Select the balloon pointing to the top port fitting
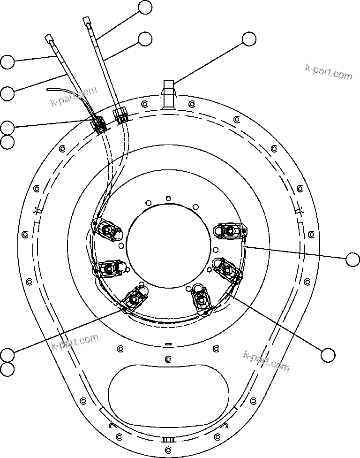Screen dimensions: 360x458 pos(249,40)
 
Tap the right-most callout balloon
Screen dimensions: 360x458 pos(352,259)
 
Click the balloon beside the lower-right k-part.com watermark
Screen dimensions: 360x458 pos(328,355)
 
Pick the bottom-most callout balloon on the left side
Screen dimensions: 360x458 pos(7,369)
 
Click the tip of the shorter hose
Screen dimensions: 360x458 pos(49,37)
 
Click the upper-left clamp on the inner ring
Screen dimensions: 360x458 pos(108,230)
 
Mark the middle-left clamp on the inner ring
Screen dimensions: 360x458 pos(108,268)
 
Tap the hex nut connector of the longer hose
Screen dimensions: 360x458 pos(120,114)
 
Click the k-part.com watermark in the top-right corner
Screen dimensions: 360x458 pos(328,72)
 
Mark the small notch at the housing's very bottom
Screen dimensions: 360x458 pos(168,440)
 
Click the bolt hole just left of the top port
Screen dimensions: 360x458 pos(144,104)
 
